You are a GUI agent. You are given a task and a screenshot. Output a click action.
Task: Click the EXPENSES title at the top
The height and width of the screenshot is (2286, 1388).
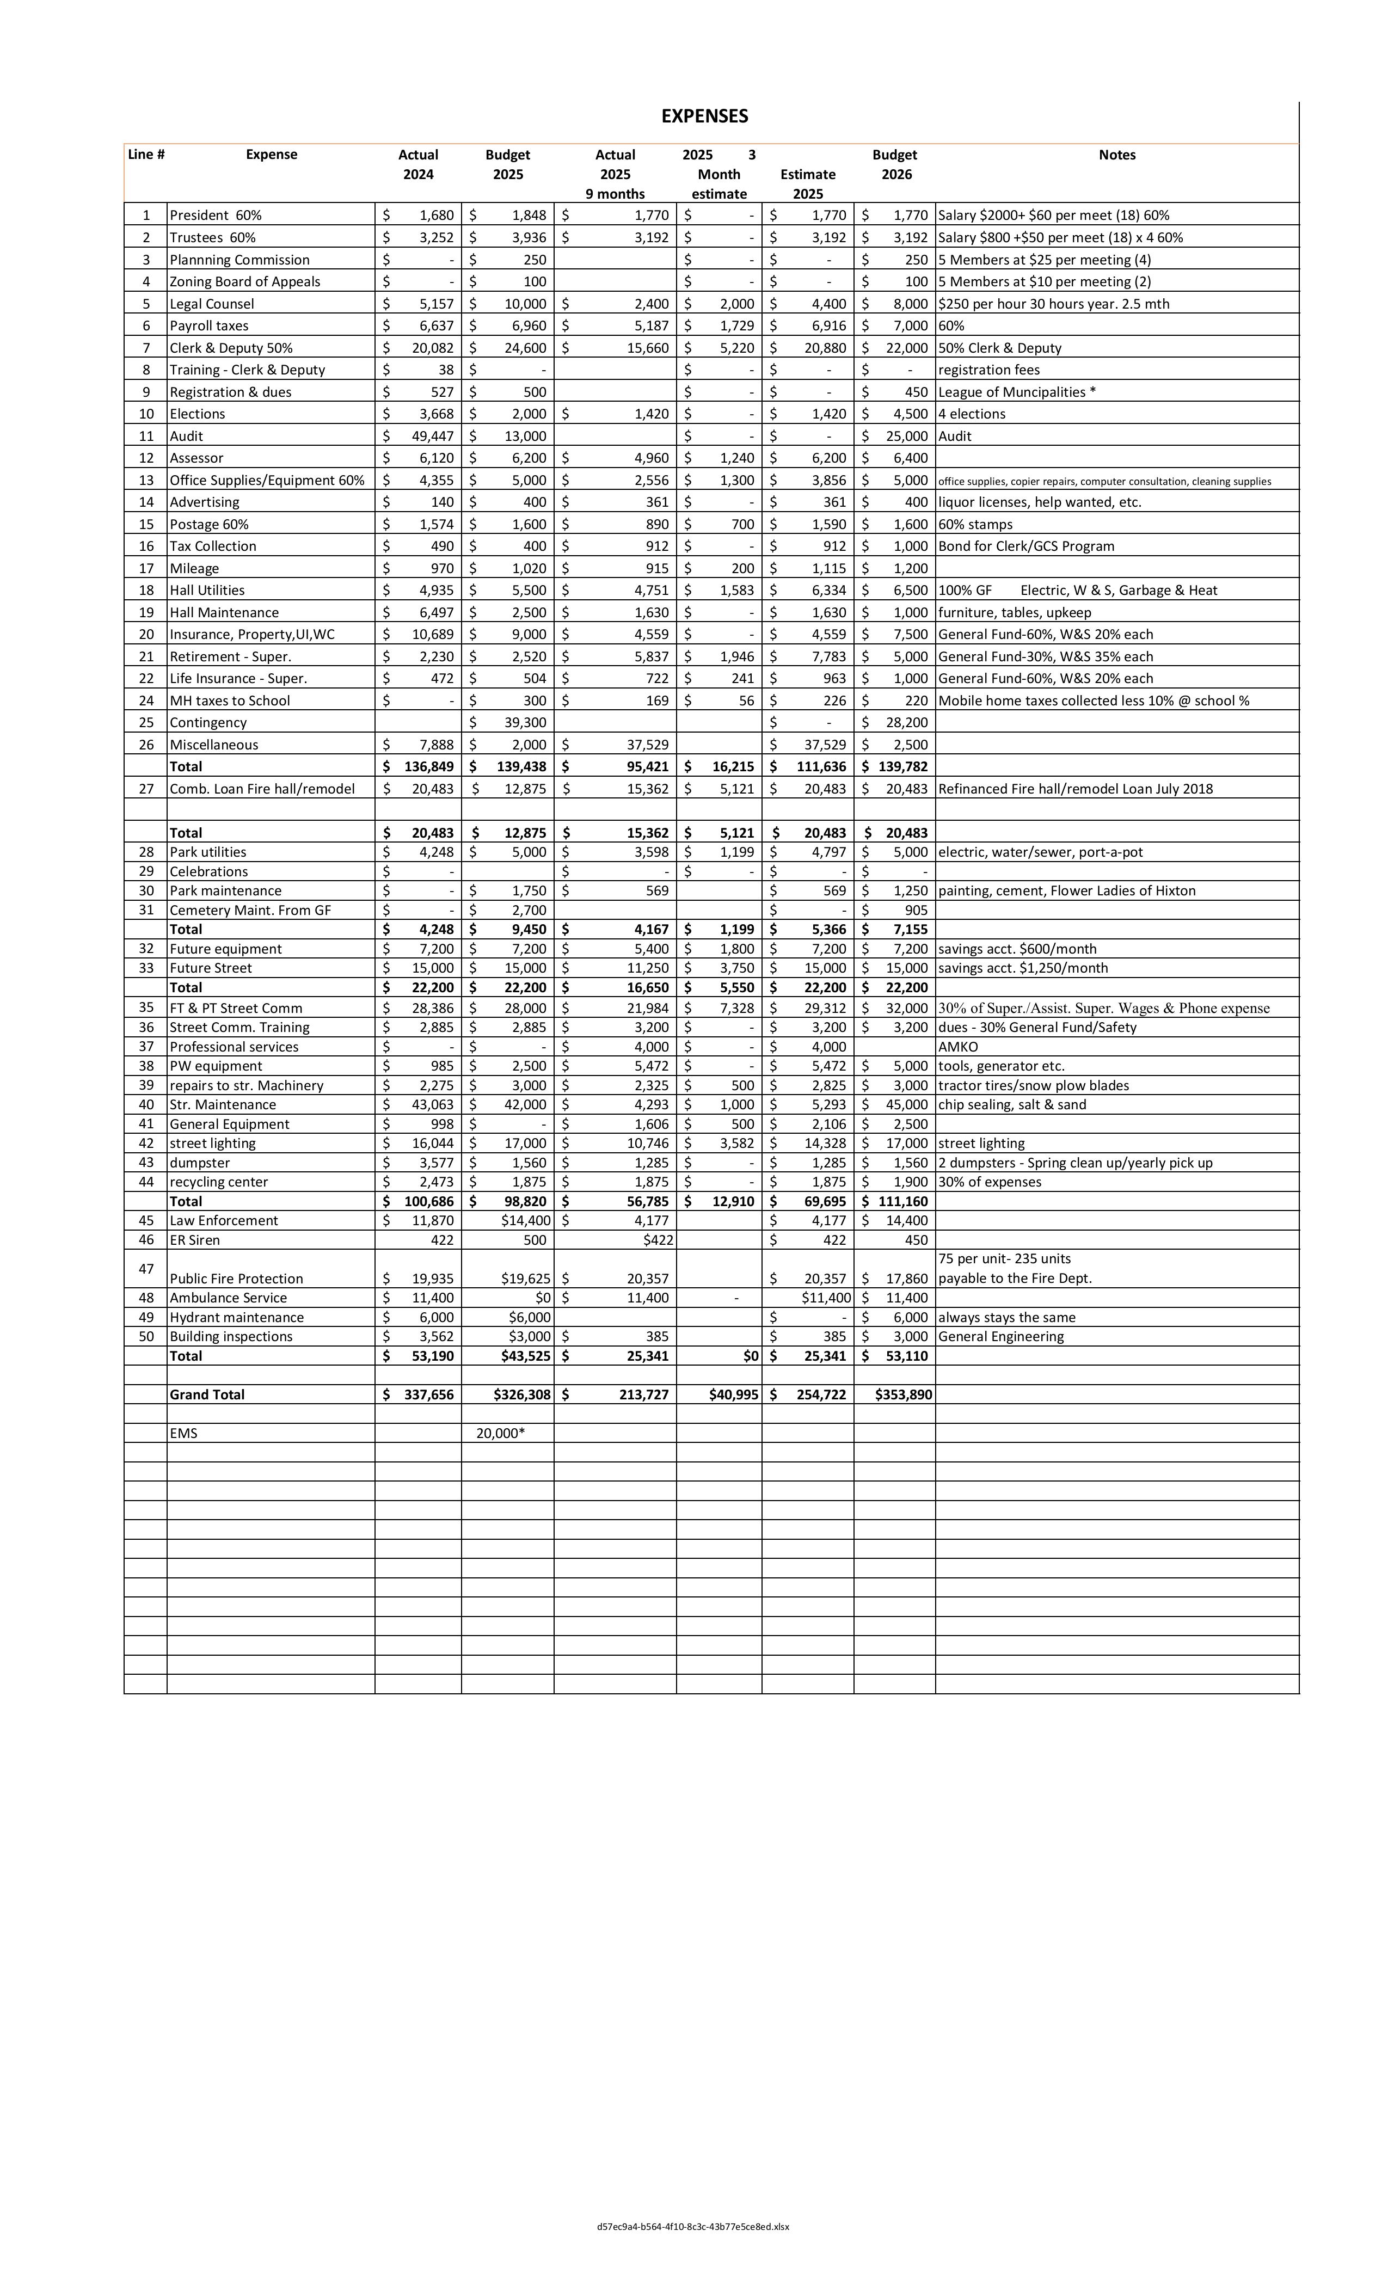(x=704, y=116)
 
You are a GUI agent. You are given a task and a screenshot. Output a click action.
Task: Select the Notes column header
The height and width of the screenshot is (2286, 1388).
(x=1116, y=155)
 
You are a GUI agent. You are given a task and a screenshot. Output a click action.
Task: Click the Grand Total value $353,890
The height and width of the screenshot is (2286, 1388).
(x=903, y=1394)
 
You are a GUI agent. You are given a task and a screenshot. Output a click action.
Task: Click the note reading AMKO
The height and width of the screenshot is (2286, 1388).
(x=957, y=1047)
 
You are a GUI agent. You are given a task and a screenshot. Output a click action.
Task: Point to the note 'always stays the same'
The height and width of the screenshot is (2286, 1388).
(x=1006, y=1317)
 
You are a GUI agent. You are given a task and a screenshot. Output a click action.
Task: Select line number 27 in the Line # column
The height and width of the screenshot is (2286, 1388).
(x=146, y=789)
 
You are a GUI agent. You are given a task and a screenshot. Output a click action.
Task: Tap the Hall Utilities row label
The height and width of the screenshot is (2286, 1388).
(x=207, y=590)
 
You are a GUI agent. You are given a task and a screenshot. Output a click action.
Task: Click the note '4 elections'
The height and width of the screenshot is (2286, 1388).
(x=972, y=414)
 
